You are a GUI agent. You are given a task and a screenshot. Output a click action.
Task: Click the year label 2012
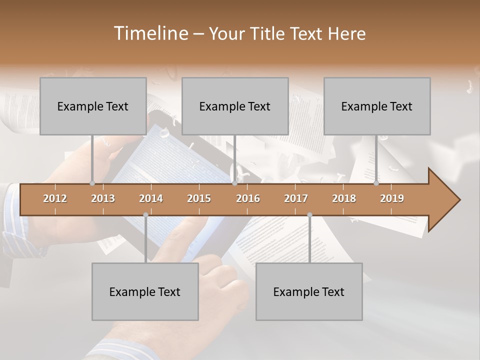[x=55, y=198]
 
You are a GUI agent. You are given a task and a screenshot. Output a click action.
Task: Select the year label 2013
[x=103, y=198]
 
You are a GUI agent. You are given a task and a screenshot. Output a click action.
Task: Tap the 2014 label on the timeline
[x=151, y=198]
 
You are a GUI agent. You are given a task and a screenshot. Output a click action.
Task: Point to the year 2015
[x=199, y=198]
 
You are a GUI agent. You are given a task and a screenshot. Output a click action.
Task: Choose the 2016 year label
[x=248, y=198]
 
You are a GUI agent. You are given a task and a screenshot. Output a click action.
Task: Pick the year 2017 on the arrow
[x=296, y=198]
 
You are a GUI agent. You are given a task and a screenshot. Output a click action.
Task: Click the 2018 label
[x=344, y=198]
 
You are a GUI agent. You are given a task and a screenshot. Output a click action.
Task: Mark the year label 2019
[x=392, y=198]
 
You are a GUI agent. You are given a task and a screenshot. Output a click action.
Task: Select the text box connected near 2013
[x=93, y=106]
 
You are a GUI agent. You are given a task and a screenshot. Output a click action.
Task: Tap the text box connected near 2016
[x=235, y=106]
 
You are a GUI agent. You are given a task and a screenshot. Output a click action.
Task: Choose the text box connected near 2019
[x=377, y=106]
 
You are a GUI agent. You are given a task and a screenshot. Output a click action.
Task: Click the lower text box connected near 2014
[x=145, y=291]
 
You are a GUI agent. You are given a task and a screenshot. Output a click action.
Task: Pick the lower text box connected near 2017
[x=309, y=291]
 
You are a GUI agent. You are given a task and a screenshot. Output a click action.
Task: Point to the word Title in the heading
[x=269, y=33]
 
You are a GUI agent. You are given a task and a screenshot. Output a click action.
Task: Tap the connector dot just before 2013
[x=92, y=183]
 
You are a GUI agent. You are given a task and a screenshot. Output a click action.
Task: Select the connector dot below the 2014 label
[x=145, y=215]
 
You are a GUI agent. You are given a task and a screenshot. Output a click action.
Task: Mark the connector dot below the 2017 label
[x=309, y=215]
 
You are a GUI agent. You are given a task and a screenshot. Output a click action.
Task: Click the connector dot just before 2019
[x=376, y=183]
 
